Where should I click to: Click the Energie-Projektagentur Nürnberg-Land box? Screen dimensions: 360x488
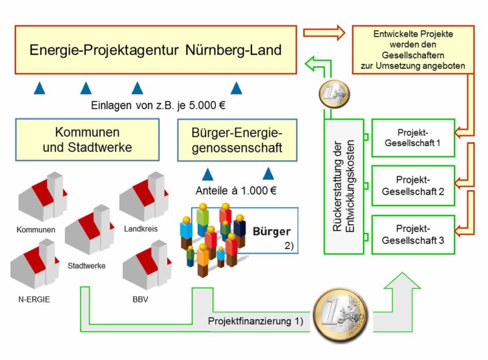pos(155,50)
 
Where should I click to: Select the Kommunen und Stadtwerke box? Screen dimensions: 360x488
pos(87,139)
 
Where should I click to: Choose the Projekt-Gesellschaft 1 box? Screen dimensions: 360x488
pos(412,137)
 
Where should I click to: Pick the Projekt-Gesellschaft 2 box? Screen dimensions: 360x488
pos(412,185)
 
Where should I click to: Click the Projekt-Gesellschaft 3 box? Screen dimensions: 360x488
pos(412,234)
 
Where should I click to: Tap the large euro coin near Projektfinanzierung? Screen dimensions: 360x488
pos(342,313)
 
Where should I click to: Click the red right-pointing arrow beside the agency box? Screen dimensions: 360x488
pos(324,32)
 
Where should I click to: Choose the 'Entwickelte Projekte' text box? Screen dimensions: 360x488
pos(422,50)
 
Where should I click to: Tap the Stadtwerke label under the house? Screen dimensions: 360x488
pos(86,265)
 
